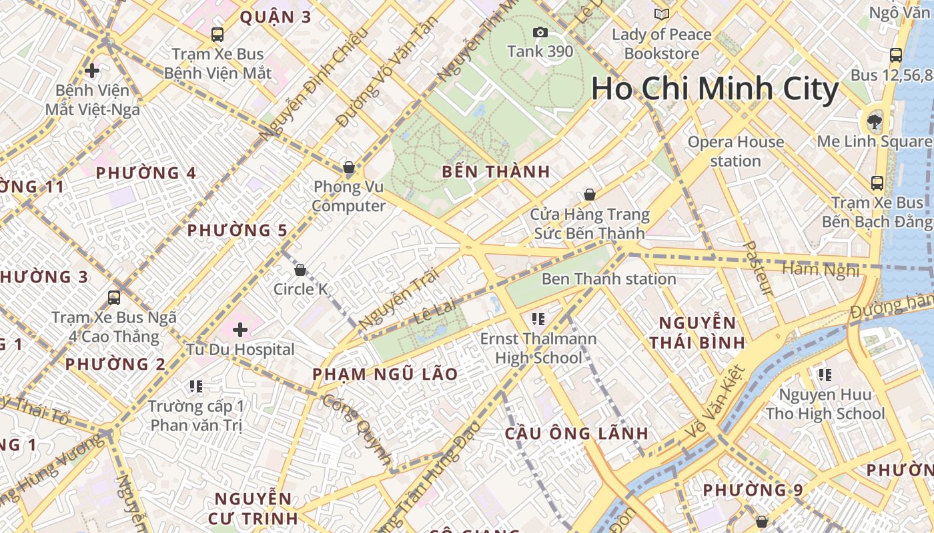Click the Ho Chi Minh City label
(715, 89)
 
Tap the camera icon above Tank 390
(540, 32)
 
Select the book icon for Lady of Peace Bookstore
(661, 14)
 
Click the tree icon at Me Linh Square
(873, 121)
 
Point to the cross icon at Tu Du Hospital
(240, 329)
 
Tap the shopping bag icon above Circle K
(300, 270)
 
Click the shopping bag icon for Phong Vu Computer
(348, 167)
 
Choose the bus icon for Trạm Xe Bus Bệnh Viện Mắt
(217, 35)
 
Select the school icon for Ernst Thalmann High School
(538, 319)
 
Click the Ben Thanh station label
(608, 278)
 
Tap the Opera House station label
(735, 151)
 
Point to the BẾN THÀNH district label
(496, 172)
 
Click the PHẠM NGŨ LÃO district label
(385, 374)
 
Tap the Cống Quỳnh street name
(357, 429)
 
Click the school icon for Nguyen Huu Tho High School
(825, 375)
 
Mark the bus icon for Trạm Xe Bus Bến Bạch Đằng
(877, 183)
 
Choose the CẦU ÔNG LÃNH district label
(576, 434)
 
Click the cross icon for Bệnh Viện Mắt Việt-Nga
(92, 70)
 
